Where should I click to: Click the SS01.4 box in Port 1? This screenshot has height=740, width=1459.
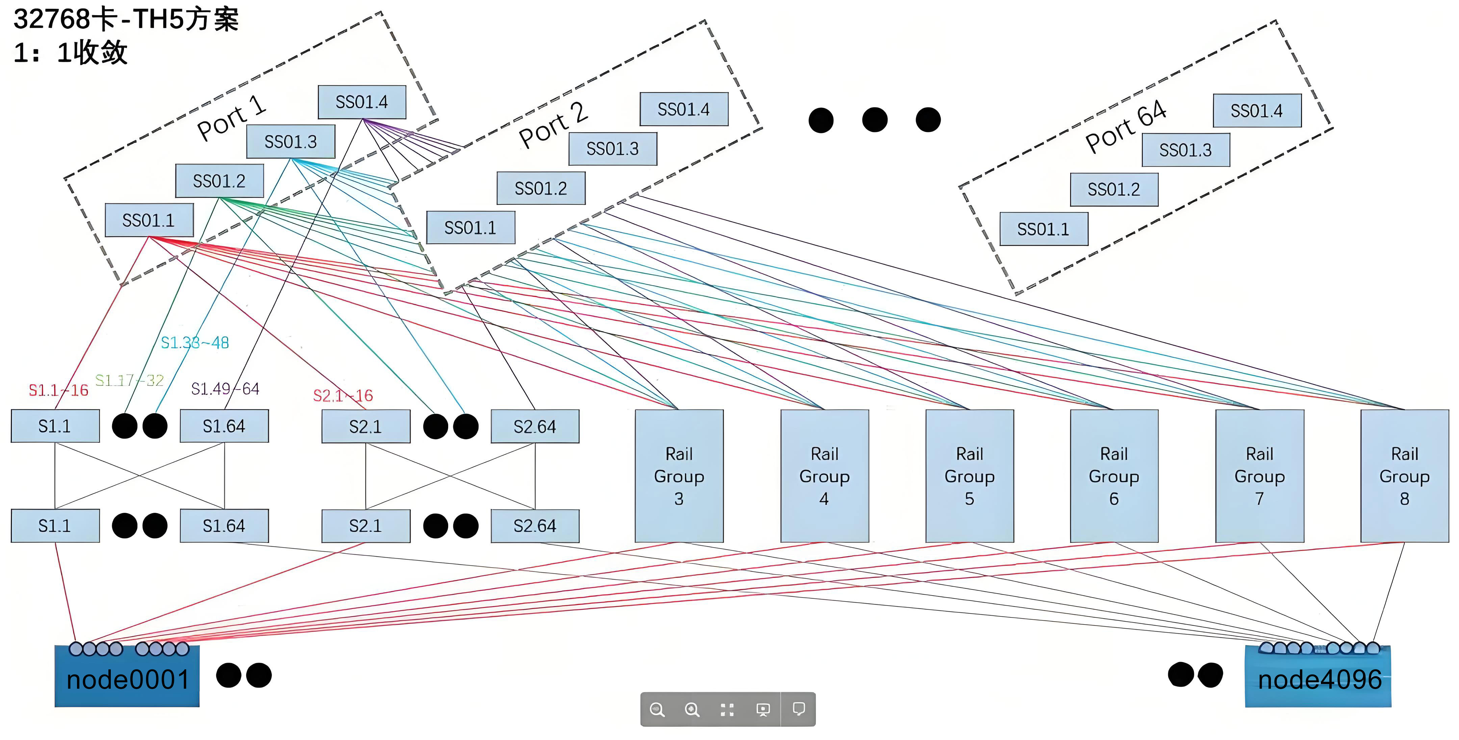coord(362,102)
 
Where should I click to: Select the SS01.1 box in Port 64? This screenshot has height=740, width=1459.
coord(1044,229)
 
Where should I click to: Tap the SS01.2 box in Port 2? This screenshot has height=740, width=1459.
coord(541,188)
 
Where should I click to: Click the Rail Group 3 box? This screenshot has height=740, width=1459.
coord(679,476)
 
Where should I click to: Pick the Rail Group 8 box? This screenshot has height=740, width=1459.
coord(1405,476)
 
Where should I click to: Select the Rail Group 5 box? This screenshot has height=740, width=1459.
coord(970,476)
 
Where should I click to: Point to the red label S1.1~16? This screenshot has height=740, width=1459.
coord(58,390)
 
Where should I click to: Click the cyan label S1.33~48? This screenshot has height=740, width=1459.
coord(195,343)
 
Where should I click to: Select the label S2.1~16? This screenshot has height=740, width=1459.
coord(343,395)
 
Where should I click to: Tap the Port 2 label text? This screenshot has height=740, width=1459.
coord(553,125)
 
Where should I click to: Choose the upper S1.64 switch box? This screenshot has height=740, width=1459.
coord(224,426)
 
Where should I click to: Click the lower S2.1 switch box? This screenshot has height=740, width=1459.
coord(366,526)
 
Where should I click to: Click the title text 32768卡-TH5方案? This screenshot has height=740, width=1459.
coord(126,19)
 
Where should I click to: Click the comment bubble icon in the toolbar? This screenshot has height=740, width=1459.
coord(799,709)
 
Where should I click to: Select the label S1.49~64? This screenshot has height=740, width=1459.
coord(225,389)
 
